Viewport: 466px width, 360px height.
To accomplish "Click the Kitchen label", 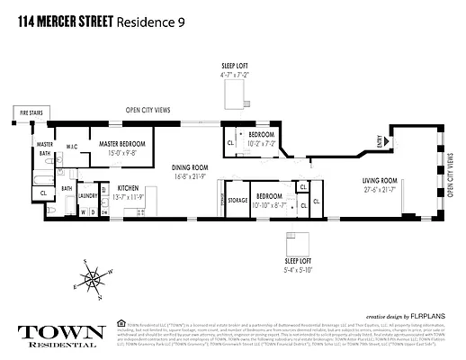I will coord(127,188).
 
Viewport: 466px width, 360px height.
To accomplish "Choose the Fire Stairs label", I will coord(30,112).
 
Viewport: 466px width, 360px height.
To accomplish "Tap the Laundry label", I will coord(88,194).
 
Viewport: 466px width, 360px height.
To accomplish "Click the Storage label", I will coord(237,200).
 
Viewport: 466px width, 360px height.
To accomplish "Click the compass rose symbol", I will coord(93,279).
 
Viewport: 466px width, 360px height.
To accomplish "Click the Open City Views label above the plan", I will coord(155,112).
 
